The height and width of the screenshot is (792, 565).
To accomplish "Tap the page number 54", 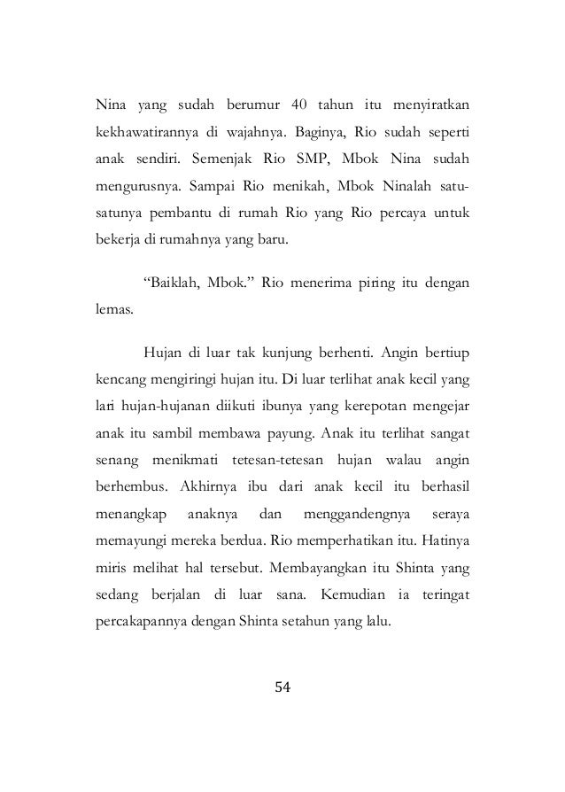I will [x=282, y=687].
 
